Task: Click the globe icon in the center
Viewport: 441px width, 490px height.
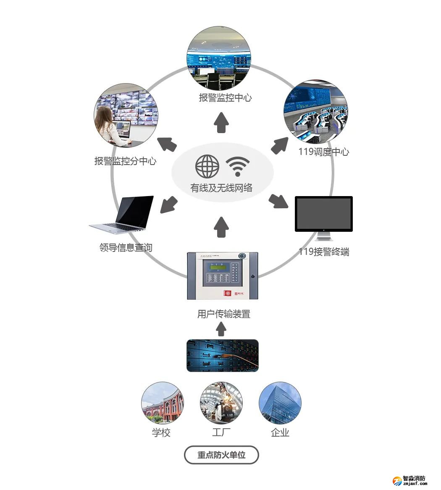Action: pyautogui.click(x=207, y=166)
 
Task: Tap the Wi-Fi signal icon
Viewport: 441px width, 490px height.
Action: pyautogui.click(x=238, y=167)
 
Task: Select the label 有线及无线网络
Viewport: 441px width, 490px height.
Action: pyautogui.click(x=221, y=188)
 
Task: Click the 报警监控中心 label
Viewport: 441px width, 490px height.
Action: pyautogui.click(x=225, y=98)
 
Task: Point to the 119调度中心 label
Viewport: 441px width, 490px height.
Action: pyautogui.click(x=323, y=152)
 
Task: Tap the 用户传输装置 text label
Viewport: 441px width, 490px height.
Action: pyautogui.click(x=223, y=314)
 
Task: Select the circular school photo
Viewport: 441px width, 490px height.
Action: pyautogui.click(x=162, y=403)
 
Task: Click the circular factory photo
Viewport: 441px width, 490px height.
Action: pyautogui.click(x=221, y=403)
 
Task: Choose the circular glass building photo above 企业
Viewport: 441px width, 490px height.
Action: pyautogui.click(x=280, y=403)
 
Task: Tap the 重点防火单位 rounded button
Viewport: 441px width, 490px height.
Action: pyautogui.click(x=221, y=455)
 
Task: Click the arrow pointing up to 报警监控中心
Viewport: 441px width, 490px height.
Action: pyautogui.click(x=221, y=123)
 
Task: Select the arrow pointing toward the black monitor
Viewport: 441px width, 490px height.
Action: pyautogui.click(x=278, y=201)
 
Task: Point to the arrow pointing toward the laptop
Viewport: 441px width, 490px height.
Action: pyautogui.click(x=169, y=204)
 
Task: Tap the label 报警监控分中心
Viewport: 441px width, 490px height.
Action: pyautogui.click(x=125, y=161)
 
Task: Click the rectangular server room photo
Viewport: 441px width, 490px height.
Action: pyautogui.click(x=222, y=355)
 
